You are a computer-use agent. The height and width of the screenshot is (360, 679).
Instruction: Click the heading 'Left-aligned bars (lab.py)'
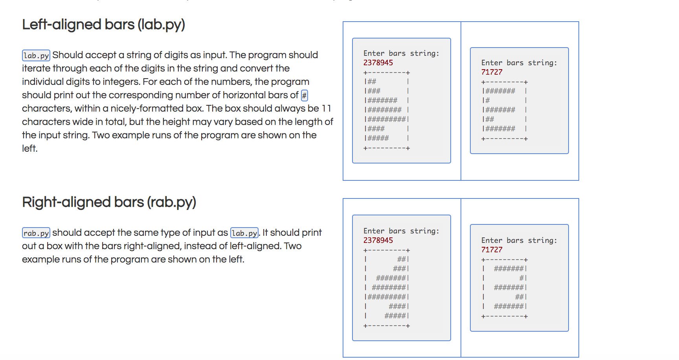(103, 25)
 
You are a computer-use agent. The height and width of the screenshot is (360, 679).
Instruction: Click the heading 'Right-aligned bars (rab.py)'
(109, 202)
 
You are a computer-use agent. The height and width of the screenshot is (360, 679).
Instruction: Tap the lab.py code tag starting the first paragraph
(36, 55)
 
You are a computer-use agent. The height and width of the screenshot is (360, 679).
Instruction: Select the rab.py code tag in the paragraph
(36, 233)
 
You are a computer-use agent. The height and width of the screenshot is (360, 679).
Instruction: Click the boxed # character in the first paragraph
(304, 96)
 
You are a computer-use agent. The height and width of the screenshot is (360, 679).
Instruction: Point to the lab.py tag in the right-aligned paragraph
(244, 233)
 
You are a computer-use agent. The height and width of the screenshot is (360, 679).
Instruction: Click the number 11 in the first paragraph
(326, 108)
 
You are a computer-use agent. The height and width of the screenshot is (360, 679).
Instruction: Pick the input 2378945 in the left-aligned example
(378, 63)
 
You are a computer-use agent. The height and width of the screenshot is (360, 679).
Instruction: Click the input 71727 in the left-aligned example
(492, 72)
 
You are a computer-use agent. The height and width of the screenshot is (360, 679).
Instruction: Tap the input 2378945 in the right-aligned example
(378, 241)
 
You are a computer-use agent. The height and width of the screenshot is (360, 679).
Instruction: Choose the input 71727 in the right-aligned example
(492, 250)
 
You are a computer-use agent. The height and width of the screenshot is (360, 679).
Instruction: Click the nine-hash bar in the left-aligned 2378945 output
(387, 119)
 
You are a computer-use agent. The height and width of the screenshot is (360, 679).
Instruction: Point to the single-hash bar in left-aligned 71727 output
(488, 101)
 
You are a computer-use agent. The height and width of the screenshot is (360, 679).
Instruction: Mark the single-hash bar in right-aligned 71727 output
(521, 278)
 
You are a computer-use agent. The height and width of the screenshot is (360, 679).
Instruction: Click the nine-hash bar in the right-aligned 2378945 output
(387, 297)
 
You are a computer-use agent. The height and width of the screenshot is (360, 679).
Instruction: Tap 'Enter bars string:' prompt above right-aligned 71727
(519, 241)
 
